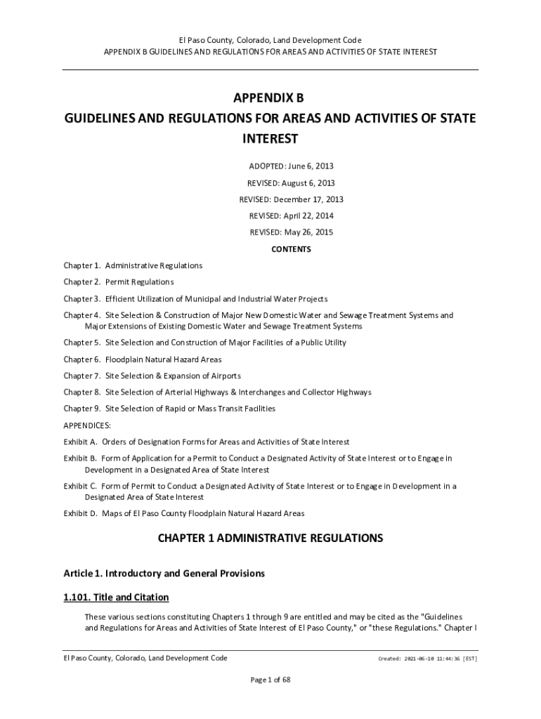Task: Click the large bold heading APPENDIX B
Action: pyautogui.click(x=270, y=98)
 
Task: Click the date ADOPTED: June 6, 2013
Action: pyautogui.click(x=291, y=166)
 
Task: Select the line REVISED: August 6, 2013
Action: pyautogui.click(x=291, y=183)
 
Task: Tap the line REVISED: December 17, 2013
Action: pyautogui.click(x=291, y=199)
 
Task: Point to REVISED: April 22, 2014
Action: pyautogui.click(x=291, y=216)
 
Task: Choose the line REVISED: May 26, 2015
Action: pyautogui.click(x=291, y=232)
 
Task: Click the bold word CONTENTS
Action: pyautogui.click(x=291, y=249)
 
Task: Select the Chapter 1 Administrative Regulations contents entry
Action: pyautogui.click(x=133, y=265)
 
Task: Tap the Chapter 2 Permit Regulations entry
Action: pyautogui.click(x=118, y=282)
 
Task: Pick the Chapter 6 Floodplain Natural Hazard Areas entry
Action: pyautogui.click(x=143, y=359)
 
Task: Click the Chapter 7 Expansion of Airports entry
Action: pyautogui.click(x=152, y=376)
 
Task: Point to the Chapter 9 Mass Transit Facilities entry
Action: pyautogui.click(x=169, y=409)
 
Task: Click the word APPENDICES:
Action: pyautogui.click(x=87, y=426)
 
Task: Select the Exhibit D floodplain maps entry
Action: pyautogui.click(x=184, y=513)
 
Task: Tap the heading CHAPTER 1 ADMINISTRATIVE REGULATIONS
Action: pyautogui.click(x=270, y=539)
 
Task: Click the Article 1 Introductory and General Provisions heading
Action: pyautogui.click(x=164, y=574)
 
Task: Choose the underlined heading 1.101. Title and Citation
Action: pyautogui.click(x=116, y=598)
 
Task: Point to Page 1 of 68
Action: pyautogui.click(x=270, y=680)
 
